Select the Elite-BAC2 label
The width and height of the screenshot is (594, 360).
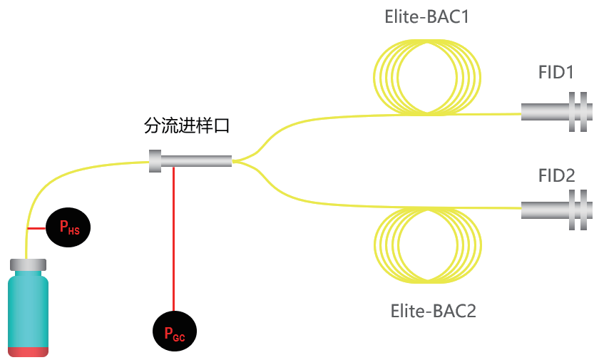point(434,311)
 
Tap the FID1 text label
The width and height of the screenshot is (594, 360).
point(556,73)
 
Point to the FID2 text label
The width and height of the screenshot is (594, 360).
point(556,175)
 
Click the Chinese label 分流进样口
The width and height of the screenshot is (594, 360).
point(187,127)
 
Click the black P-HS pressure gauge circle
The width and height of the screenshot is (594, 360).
point(69,228)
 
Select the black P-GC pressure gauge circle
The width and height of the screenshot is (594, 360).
point(174,332)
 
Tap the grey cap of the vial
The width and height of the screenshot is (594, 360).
point(29,265)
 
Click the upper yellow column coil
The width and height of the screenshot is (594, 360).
point(428,76)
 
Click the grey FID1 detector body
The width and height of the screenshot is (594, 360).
point(545,112)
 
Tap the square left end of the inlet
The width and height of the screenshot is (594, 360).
point(155,161)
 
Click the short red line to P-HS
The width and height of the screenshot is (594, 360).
point(36,228)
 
